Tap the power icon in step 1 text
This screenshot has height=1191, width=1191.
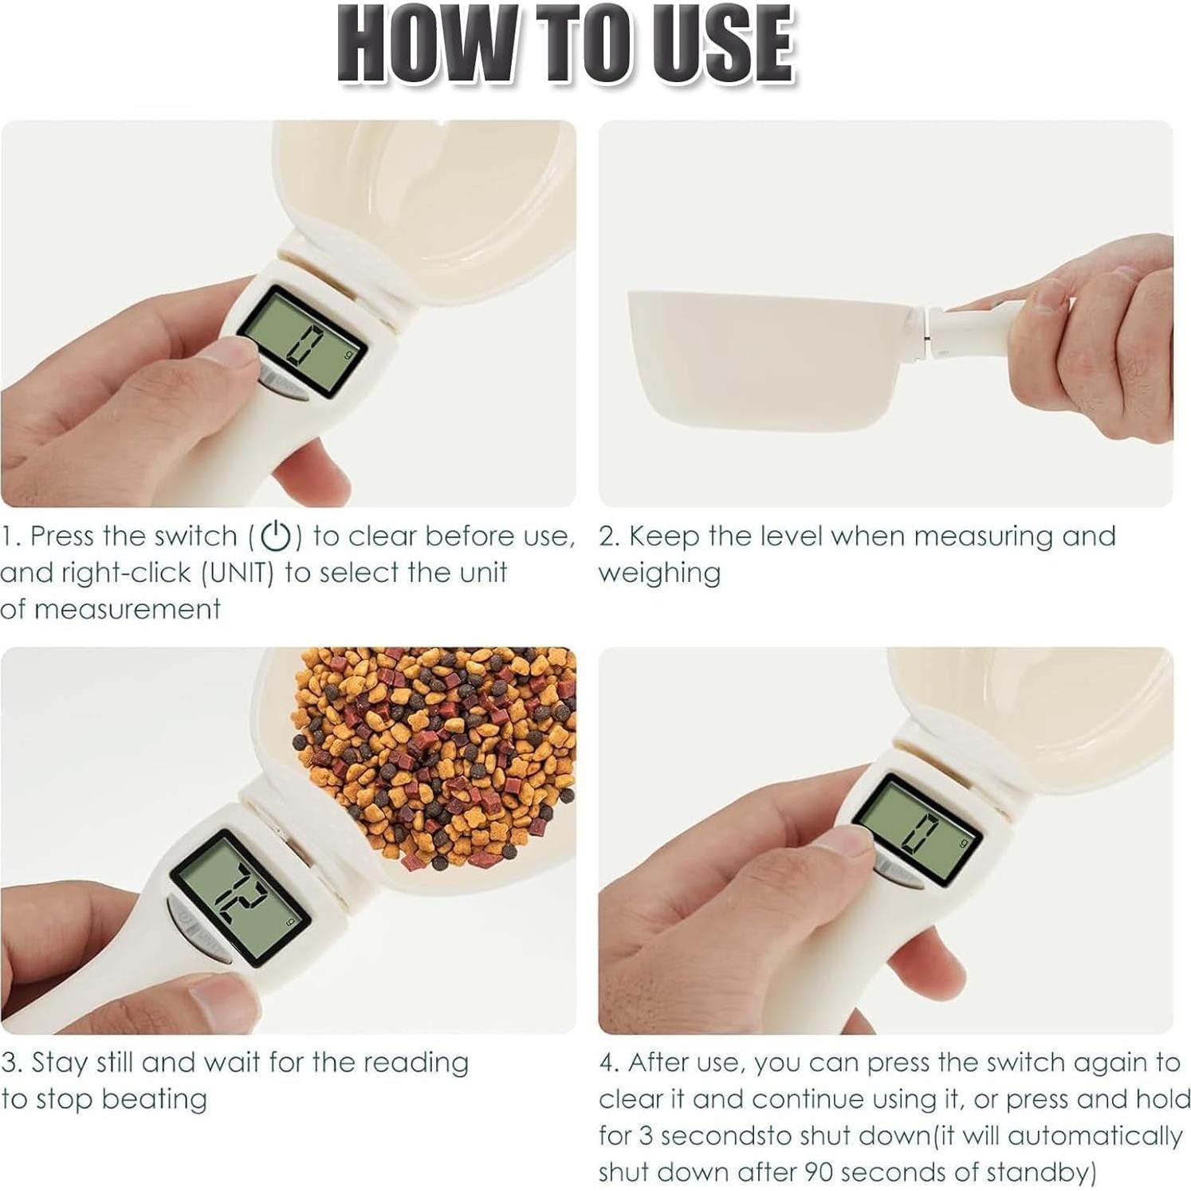pos(276,536)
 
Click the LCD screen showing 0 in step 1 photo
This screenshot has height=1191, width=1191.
pos(304,343)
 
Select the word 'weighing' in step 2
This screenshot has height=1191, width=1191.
pos(659,573)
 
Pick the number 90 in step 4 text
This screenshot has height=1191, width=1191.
pos(817,1172)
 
